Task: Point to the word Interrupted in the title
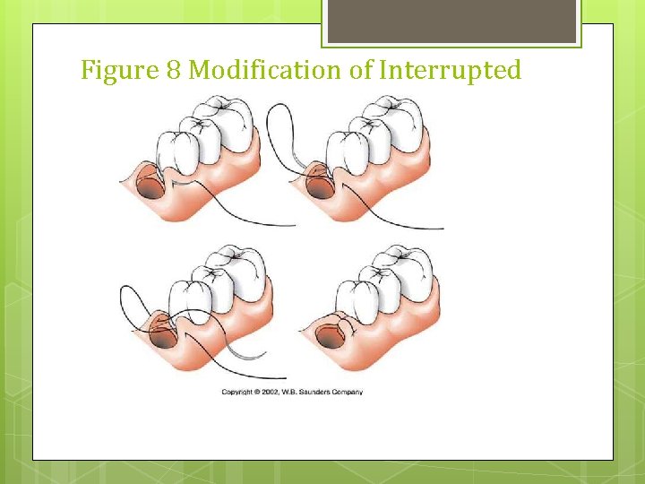[x=450, y=71]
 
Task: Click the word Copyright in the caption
[x=239, y=392]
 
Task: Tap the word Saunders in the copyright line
[x=318, y=392]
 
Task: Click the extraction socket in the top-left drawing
[x=150, y=189]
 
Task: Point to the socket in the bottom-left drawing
[x=162, y=338]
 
